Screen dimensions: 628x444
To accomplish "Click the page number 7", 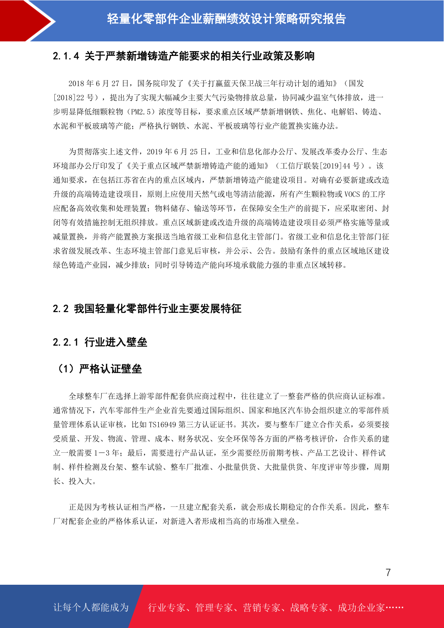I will tap(388, 572).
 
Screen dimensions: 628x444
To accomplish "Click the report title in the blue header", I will tap(227, 19).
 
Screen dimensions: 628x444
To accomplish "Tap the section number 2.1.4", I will tap(66, 56).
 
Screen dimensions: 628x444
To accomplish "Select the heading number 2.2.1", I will tap(66, 342).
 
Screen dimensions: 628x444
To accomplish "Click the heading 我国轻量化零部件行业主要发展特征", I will tap(157, 309).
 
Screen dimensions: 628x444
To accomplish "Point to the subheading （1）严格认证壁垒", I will tap(98, 369).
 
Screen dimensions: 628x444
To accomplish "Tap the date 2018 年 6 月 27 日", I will tap(98, 84).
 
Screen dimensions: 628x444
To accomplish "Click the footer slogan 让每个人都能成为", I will tap(91, 607).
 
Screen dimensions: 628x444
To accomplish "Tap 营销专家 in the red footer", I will tap(261, 608).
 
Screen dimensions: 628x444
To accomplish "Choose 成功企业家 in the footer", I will tap(361, 608).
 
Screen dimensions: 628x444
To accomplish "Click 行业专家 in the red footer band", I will tap(167, 608).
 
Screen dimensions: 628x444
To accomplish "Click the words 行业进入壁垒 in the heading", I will tap(116, 342).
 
